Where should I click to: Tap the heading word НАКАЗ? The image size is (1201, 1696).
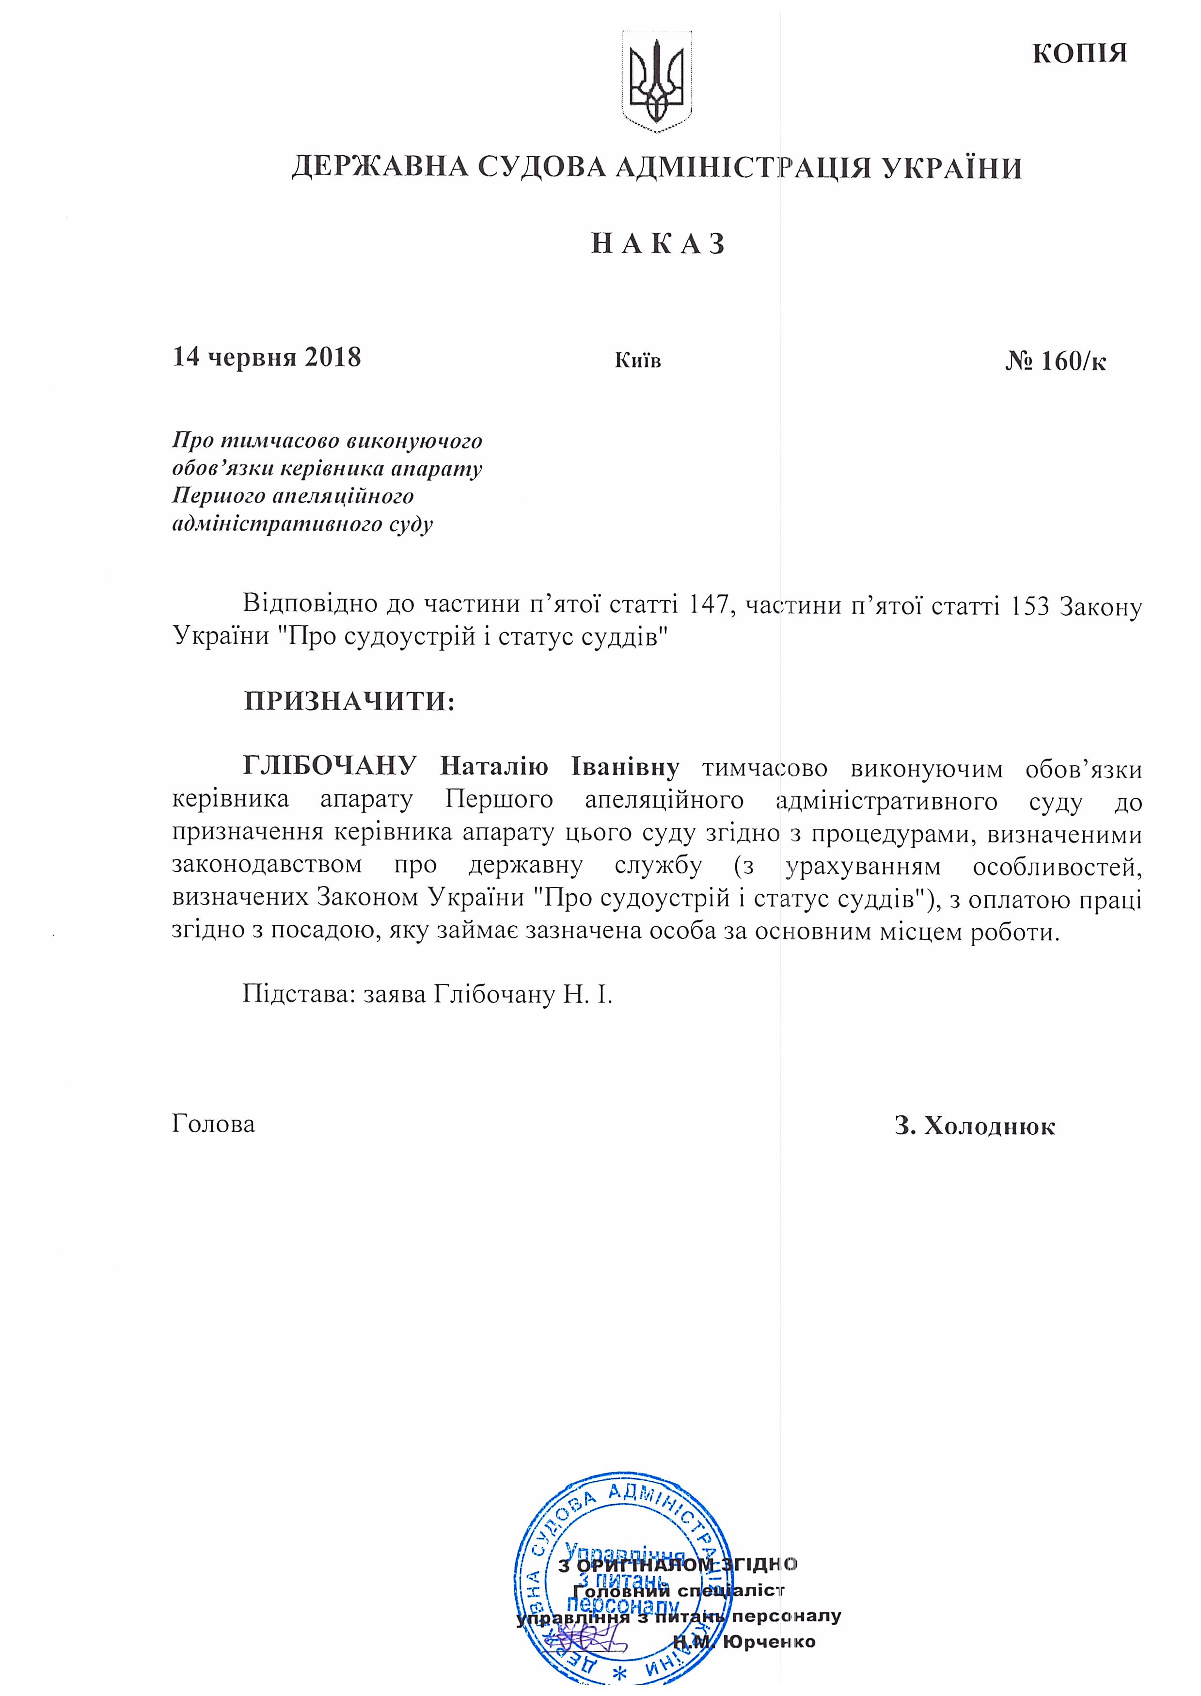pyautogui.click(x=657, y=243)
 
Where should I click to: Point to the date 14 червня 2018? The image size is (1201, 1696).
pyautogui.click(x=266, y=357)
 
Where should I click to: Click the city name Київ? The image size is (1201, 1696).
pyautogui.click(x=637, y=361)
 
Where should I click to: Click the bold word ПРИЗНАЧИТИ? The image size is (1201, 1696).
pyautogui.click(x=349, y=700)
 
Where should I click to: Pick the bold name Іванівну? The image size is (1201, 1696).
pyautogui.click(x=625, y=767)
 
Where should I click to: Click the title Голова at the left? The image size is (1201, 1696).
pyautogui.click(x=214, y=1124)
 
